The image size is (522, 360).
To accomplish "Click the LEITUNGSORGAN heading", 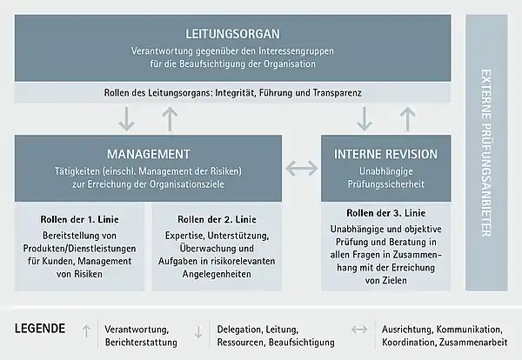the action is point(232,34).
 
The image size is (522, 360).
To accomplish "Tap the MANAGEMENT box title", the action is point(149,155).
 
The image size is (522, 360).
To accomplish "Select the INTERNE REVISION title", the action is point(385,155).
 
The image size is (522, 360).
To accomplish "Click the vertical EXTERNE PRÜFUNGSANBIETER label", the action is point(486,153).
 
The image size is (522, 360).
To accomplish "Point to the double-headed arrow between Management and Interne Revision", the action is point(302,169).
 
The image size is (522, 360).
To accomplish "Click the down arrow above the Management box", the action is point(127,118).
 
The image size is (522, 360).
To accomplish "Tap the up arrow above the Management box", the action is point(170,119).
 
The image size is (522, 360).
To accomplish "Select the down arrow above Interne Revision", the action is point(365,118).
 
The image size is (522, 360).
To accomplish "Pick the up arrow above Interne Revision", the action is point(407,119).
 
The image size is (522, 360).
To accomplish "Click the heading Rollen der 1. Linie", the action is point(79,220).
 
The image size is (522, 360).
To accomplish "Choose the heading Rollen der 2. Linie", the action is point(217,220).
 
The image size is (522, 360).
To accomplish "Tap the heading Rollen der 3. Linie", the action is point(385,213).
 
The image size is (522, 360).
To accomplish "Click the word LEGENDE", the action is point(40,329).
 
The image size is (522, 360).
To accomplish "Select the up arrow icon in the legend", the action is point(86,331).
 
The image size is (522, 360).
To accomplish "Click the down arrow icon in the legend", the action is point(198,331).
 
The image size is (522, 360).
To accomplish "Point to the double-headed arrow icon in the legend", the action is point(359,330).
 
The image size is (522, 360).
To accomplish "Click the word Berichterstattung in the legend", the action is point(141,343).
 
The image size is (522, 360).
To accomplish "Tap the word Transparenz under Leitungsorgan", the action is point(337,92).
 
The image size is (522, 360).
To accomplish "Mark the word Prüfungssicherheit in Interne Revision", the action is point(386,184).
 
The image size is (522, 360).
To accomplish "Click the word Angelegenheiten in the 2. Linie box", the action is point(217,274).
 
